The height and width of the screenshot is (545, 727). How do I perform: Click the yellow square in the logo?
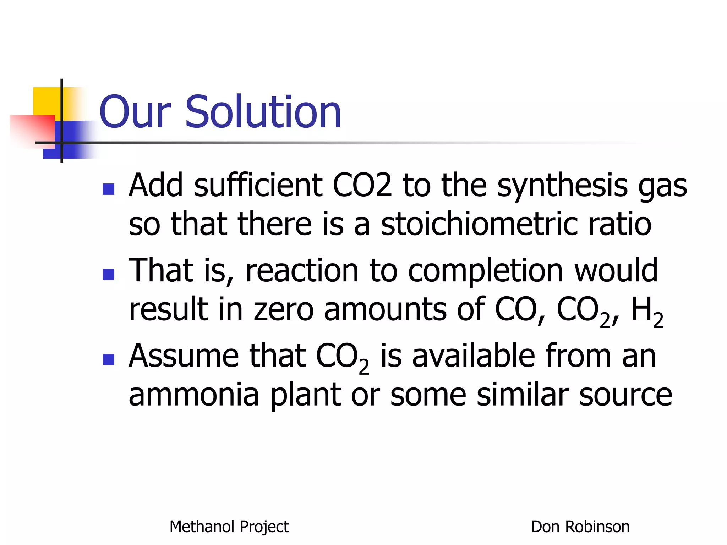pyautogui.click(x=46, y=101)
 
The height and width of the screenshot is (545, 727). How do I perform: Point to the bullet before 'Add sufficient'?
pyautogui.click(x=108, y=189)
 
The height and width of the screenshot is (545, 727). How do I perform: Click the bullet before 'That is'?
pyautogui.click(x=108, y=274)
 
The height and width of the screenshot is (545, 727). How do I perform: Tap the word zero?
pyautogui.click(x=283, y=309)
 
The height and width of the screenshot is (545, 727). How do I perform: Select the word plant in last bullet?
pyautogui.click(x=306, y=396)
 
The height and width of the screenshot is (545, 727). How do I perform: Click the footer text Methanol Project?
pyautogui.click(x=229, y=527)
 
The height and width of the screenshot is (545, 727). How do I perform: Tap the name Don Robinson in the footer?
pyautogui.click(x=580, y=527)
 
